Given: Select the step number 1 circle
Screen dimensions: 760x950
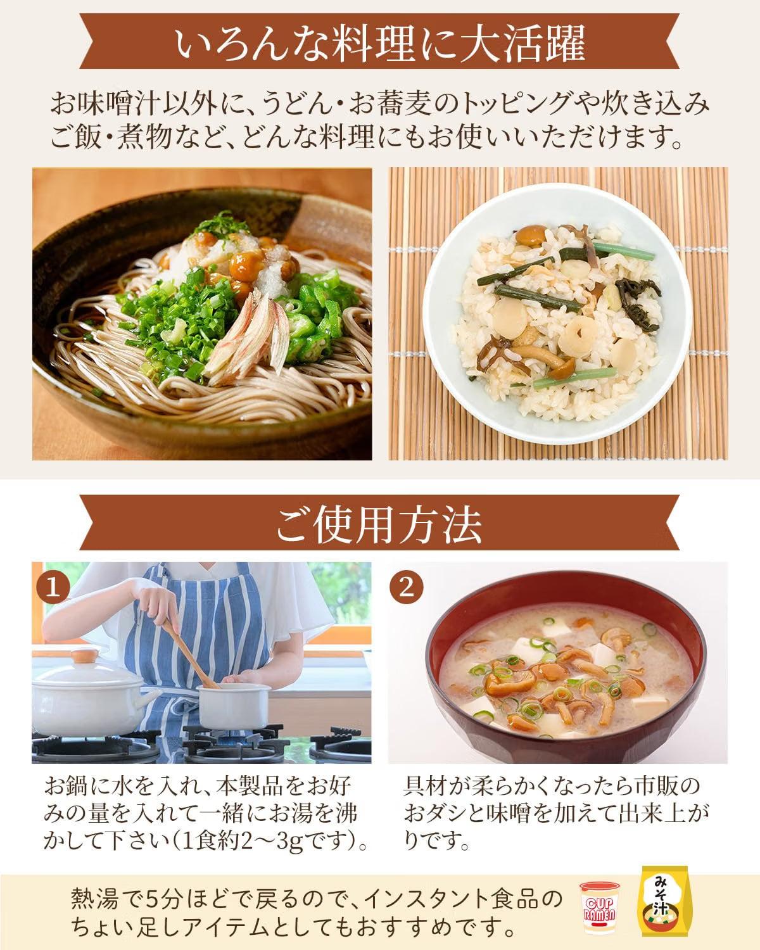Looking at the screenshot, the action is point(53,588).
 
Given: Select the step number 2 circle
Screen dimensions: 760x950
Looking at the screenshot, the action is point(406,588).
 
